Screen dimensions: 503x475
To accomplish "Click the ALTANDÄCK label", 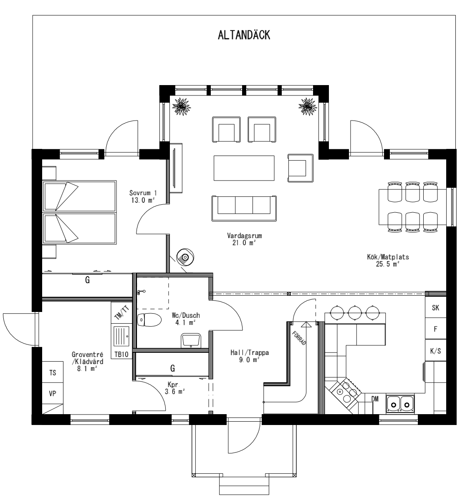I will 244,35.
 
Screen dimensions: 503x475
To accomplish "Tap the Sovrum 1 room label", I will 143,196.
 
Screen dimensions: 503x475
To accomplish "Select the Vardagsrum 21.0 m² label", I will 244,239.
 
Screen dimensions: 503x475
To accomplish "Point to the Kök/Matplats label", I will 385,260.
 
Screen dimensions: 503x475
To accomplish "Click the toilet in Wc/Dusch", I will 149,320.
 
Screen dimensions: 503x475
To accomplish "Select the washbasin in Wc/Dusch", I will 191,340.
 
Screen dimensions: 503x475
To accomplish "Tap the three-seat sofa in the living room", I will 244,208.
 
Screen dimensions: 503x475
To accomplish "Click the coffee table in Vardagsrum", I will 244,168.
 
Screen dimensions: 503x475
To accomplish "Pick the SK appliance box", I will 435,308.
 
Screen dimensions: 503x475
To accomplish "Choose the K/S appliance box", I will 435,351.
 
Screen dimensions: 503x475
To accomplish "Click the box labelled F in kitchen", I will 435,329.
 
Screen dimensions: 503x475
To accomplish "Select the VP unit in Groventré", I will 53,394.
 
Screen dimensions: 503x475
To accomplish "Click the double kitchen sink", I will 400,403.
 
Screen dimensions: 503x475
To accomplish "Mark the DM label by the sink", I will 375,399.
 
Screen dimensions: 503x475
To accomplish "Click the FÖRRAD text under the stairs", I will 299,337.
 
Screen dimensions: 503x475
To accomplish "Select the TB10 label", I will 121,355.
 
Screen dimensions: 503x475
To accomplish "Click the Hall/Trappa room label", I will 250,356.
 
